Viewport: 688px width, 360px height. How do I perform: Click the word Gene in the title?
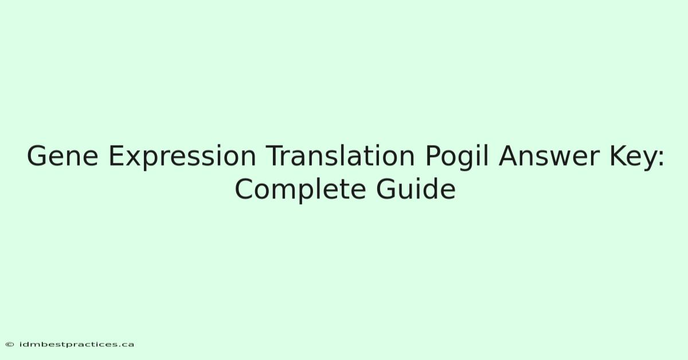click(62, 156)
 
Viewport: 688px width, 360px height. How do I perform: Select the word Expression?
click(182, 157)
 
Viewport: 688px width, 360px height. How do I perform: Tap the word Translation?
click(340, 156)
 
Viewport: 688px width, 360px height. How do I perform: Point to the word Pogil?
click(457, 157)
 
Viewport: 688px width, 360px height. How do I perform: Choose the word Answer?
click(549, 156)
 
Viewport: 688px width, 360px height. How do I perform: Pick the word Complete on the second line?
click(300, 190)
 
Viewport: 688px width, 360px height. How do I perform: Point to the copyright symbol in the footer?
click(10, 345)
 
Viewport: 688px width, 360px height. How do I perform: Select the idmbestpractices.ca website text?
click(76, 345)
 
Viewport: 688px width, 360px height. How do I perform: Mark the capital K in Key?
click(619, 156)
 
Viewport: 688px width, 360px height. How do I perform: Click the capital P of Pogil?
click(433, 156)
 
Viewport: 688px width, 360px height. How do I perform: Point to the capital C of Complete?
click(245, 189)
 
